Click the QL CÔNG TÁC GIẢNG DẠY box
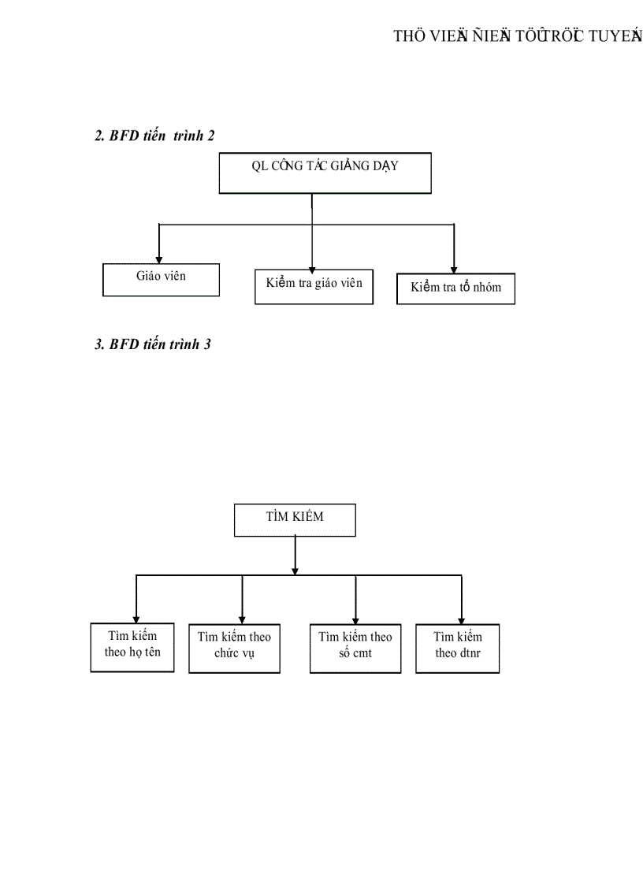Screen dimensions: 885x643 click(325, 173)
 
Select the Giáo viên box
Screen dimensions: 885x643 click(161, 279)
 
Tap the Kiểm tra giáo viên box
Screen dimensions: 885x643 click(314, 286)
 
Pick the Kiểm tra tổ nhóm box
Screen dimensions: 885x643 click(455, 288)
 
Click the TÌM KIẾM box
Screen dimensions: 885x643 click(295, 520)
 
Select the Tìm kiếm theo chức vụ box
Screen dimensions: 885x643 click(234, 649)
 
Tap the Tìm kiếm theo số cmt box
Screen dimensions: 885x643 click(355, 649)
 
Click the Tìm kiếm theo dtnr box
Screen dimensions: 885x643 click(457, 648)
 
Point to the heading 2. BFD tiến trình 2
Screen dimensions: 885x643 click(154, 136)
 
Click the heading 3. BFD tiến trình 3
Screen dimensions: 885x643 click(152, 344)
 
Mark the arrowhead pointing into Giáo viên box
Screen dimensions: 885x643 click(159, 258)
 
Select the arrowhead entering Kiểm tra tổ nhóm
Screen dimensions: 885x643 click(454, 270)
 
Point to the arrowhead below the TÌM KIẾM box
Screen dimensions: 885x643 click(295, 569)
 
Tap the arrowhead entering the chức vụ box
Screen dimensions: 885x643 click(242, 619)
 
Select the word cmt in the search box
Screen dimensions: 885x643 click(362, 654)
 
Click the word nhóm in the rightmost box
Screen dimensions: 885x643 click(486, 288)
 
